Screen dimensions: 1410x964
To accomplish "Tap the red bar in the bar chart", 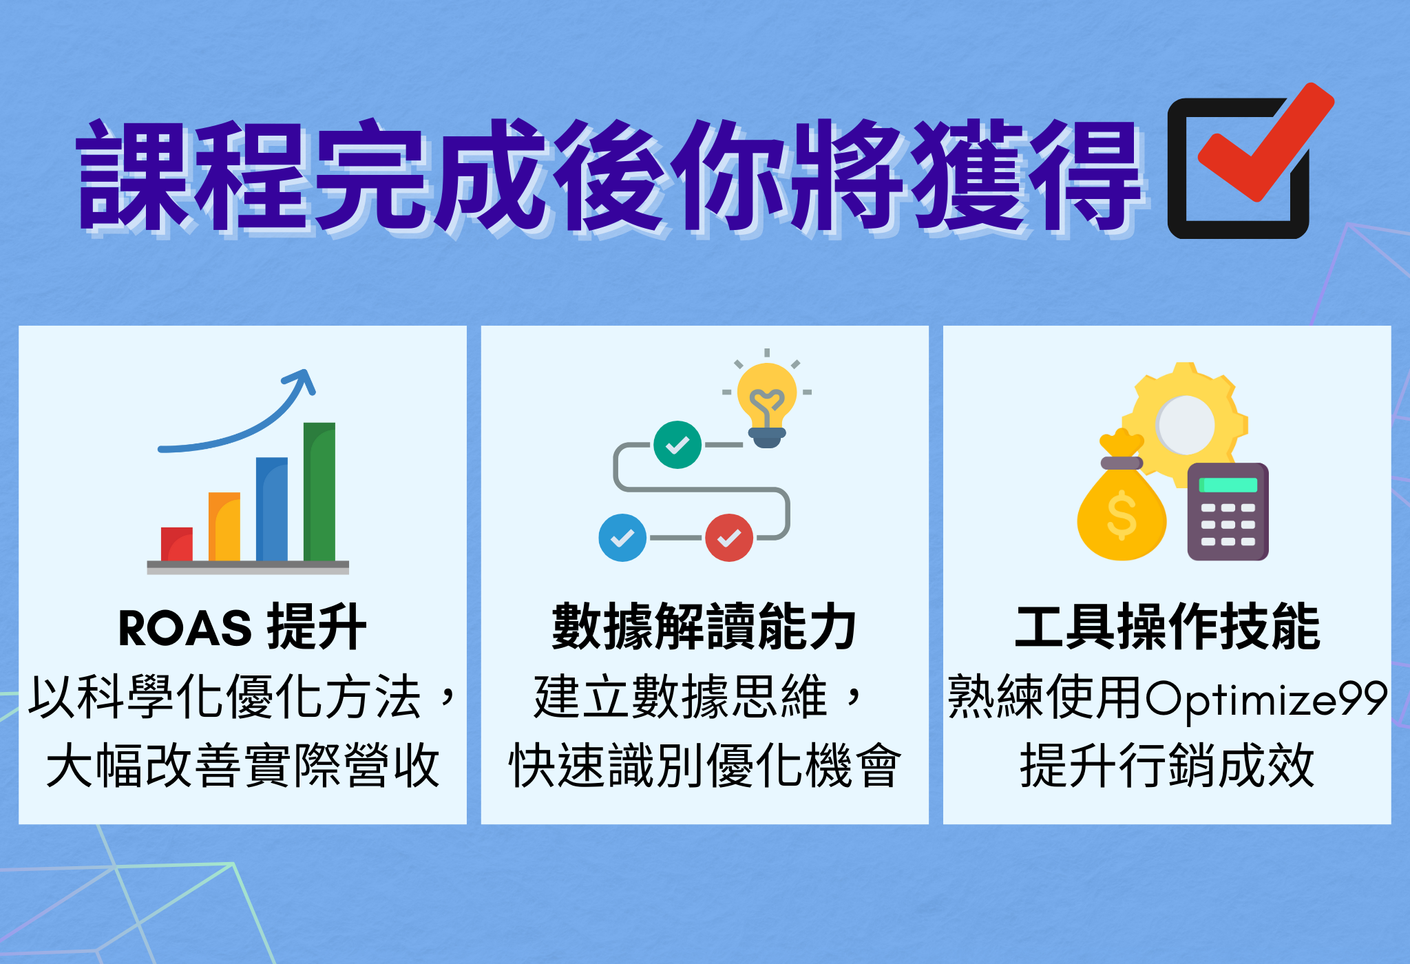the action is [x=177, y=545].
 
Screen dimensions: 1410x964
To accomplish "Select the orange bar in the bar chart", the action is [x=224, y=527].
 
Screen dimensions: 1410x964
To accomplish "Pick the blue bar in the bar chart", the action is [x=272, y=510].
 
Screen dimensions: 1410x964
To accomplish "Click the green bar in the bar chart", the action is [x=319, y=492].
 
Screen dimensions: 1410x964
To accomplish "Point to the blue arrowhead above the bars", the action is [x=301, y=380].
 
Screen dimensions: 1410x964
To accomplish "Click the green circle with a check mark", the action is [x=677, y=445].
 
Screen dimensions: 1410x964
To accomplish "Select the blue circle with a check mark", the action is [x=622, y=538].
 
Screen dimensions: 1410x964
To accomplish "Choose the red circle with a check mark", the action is [x=729, y=538].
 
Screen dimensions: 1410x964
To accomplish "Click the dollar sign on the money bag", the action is [x=1122, y=515].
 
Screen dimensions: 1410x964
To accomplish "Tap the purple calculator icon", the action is [x=1228, y=512].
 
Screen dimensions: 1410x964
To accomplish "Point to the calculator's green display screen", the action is [x=1228, y=485].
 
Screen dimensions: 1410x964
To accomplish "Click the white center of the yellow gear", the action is [x=1185, y=425].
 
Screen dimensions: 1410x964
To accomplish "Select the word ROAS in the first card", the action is [x=185, y=628].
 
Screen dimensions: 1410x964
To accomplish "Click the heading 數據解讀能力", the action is [x=704, y=627].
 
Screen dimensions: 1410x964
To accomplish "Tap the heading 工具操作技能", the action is [x=1167, y=627].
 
